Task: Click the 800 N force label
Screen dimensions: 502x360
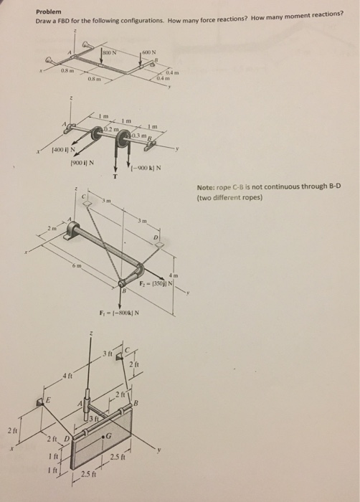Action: (x=109, y=52)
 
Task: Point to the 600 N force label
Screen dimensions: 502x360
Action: (x=148, y=52)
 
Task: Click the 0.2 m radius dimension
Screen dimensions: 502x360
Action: (x=110, y=127)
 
